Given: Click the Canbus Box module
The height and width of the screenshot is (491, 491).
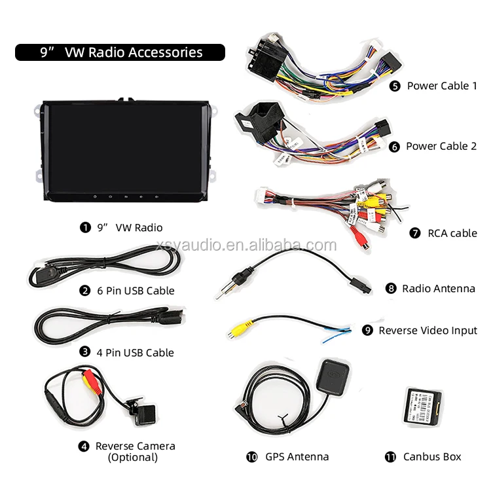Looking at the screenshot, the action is [x=421, y=407].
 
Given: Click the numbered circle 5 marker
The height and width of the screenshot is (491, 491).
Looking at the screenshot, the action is [x=395, y=86].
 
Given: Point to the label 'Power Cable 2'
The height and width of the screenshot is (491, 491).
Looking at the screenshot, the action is [x=441, y=146].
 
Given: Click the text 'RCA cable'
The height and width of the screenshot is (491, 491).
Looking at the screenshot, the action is [x=452, y=233].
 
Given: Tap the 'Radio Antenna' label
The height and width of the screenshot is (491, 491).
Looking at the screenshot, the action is [x=439, y=288].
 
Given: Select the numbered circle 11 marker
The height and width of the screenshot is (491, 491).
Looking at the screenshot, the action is [x=391, y=457].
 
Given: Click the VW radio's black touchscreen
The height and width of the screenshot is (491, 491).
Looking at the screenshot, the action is [x=125, y=145].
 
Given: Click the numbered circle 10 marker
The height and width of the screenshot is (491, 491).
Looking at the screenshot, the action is [x=252, y=457].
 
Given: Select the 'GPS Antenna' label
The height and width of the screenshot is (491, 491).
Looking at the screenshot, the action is [x=297, y=457].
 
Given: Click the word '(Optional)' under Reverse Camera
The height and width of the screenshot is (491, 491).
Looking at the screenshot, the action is [x=133, y=458].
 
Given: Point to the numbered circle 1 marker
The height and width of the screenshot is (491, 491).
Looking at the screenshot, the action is [x=84, y=228].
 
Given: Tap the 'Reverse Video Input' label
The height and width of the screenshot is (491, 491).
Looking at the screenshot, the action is [x=428, y=331].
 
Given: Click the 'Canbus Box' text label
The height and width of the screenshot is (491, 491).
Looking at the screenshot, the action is [x=432, y=457].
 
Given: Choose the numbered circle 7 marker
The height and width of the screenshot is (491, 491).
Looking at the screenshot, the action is [x=415, y=233].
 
